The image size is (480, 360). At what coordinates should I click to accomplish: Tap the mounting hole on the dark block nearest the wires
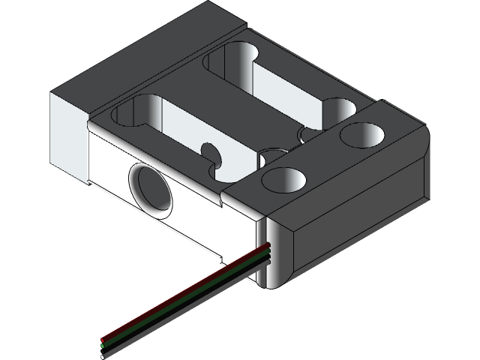(285, 181)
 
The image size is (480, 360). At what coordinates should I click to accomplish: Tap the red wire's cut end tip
(103, 339)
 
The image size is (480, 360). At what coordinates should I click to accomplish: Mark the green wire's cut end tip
(103, 345)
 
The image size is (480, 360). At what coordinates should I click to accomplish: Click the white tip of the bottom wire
(103, 356)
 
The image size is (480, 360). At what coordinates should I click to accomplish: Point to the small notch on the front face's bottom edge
(223, 262)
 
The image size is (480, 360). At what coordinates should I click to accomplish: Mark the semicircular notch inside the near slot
(212, 153)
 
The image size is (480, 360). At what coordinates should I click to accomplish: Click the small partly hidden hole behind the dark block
(271, 157)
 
